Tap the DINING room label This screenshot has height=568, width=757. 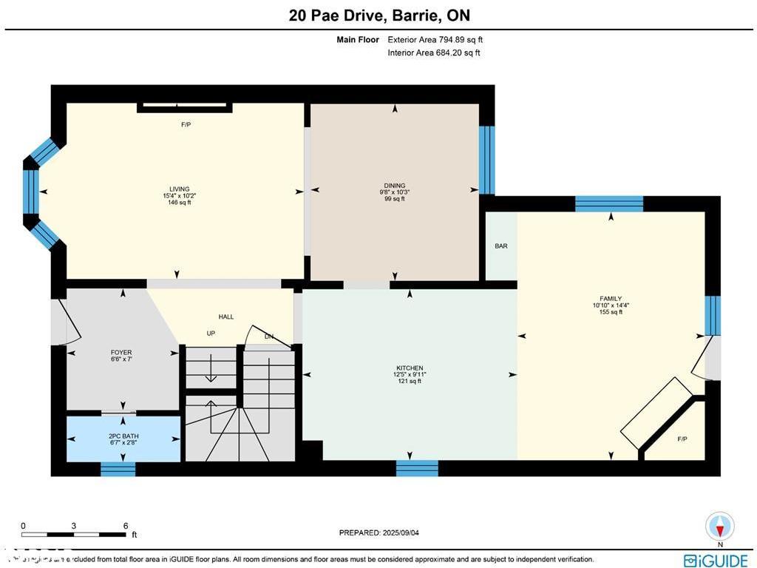click(394, 186)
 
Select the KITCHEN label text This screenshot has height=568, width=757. click(410, 368)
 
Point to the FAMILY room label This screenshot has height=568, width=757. click(611, 299)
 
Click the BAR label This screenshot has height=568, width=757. click(500, 246)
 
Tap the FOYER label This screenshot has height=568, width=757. click(120, 353)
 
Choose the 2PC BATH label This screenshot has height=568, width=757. click(123, 436)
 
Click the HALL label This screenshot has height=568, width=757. click(226, 317)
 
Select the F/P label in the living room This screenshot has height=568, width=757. click(186, 125)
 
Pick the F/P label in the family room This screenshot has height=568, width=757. click(682, 439)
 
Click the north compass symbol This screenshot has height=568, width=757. click(719, 527)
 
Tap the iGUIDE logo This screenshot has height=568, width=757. click(716, 561)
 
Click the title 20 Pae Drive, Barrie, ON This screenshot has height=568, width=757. click(379, 16)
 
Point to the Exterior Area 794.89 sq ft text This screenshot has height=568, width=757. click(435, 40)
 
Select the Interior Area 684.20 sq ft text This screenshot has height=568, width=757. click(433, 53)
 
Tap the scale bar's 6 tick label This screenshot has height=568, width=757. click(126, 526)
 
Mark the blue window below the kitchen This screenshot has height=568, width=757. click(417, 468)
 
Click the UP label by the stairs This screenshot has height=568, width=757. click(211, 334)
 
